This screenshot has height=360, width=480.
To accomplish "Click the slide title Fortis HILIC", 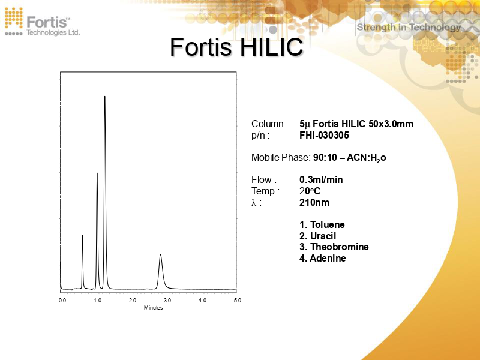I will click(236, 47).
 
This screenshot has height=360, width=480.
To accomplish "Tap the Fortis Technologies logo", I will click(42, 22).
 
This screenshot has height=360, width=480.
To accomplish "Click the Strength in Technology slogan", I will click(409, 27).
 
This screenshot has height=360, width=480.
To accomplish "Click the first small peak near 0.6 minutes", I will click(82, 237).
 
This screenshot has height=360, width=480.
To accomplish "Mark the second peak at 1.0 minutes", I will click(97, 175).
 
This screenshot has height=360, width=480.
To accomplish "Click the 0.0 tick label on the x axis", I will click(62, 300).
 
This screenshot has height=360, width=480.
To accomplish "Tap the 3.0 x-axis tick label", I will click(167, 300).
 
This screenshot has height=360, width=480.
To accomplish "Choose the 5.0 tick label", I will click(237, 300).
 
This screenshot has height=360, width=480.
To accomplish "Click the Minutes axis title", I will click(153, 308).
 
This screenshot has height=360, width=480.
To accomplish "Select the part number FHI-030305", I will click(324, 136).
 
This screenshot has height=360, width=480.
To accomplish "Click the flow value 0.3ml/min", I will click(321, 180).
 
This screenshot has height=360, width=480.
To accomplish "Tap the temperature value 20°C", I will click(310, 191).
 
